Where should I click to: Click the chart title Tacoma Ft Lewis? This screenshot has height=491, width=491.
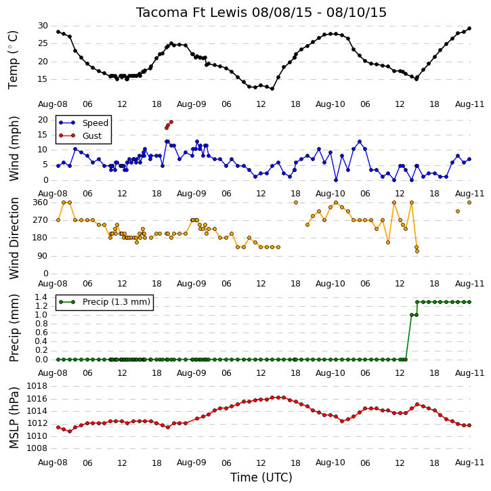[x=192, y=12]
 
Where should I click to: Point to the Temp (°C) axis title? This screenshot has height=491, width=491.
[x=13, y=60]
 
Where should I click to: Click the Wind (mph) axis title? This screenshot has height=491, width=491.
[x=14, y=148]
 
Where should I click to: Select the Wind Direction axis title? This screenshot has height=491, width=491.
[x=14, y=238]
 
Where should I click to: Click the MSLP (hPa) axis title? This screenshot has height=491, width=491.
[x=14, y=417]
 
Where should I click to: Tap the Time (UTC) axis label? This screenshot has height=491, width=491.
[x=261, y=477]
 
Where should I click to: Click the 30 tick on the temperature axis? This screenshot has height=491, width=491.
[x=43, y=26]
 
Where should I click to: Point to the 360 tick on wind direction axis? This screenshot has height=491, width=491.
[x=41, y=202]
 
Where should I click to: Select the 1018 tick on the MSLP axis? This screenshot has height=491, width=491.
[x=37, y=386]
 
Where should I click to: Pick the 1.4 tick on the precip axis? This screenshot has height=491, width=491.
[x=41, y=297]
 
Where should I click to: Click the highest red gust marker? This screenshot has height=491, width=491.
[x=171, y=122]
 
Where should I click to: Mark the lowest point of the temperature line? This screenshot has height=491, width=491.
[x=272, y=89]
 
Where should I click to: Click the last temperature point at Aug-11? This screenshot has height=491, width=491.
[x=469, y=28]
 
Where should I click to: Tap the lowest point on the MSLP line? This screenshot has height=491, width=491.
[x=70, y=431]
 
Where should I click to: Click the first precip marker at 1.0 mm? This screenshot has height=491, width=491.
[x=412, y=315]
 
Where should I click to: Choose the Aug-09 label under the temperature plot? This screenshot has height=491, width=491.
[x=192, y=104]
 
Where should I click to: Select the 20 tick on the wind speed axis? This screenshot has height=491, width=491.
[x=43, y=120]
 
